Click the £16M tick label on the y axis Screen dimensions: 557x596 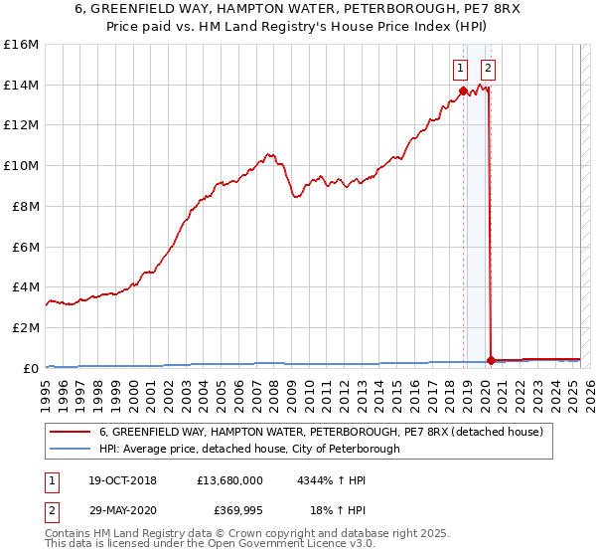20,45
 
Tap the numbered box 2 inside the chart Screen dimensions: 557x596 489,69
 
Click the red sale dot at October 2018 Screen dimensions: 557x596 463,92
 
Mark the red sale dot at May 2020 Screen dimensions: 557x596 491,360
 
